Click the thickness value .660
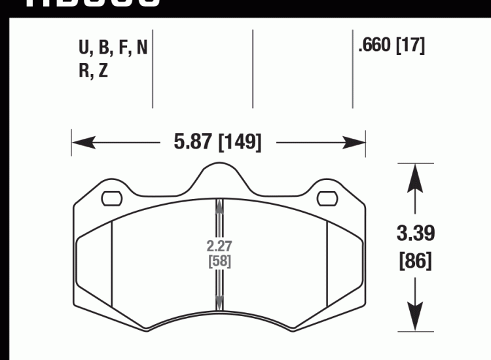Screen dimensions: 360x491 (x=374, y=46)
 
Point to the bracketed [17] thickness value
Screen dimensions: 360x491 (x=411, y=46)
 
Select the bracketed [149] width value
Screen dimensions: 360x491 (x=240, y=142)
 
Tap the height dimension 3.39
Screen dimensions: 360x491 (x=416, y=234)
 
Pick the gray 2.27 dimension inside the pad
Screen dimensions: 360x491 (x=219, y=247)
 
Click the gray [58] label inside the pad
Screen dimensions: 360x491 (x=219, y=261)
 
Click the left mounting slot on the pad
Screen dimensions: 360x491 (x=111, y=197)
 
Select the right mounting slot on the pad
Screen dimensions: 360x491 (x=325, y=197)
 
